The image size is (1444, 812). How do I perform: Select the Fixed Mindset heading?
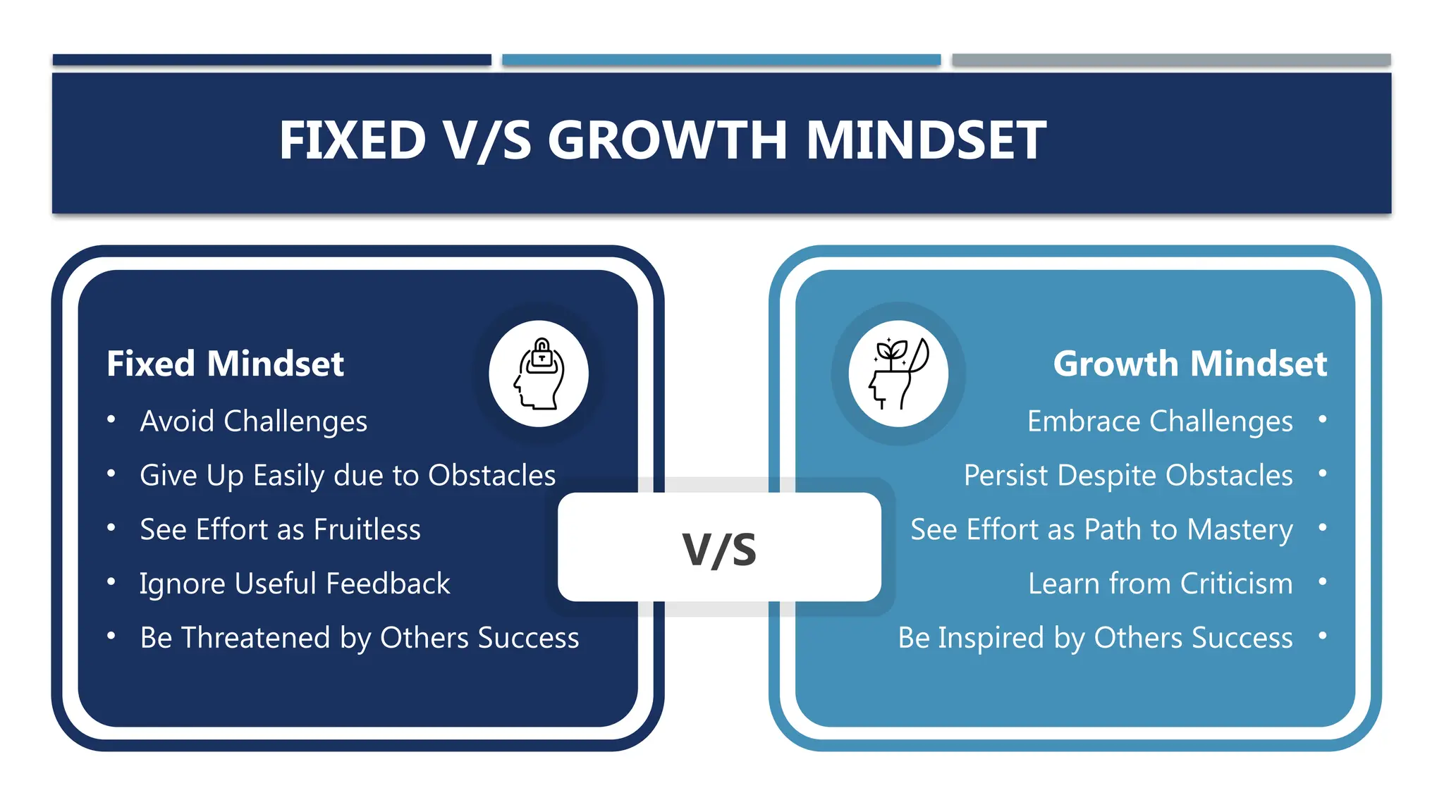click(225, 364)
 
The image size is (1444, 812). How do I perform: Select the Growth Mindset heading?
click(1189, 364)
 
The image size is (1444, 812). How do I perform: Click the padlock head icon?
click(539, 374)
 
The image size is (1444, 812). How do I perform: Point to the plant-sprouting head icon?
click(898, 374)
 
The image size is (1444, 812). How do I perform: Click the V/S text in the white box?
click(719, 549)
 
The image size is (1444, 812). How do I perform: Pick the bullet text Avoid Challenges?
click(253, 422)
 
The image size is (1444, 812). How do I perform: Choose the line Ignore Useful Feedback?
click(294, 584)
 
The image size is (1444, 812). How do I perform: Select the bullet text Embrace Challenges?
click(1160, 422)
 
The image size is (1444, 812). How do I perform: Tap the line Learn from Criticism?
click(1160, 584)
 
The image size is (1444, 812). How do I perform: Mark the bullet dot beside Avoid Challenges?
click(111, 419)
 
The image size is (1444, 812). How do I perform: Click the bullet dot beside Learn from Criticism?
click(1322, 582)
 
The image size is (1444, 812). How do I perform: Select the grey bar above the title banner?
click(1170, 60)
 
